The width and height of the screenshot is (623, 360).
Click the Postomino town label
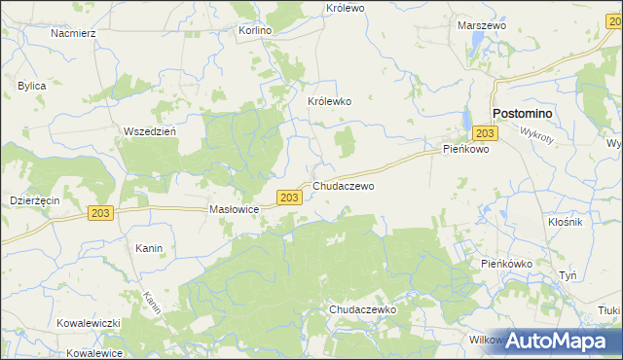click(522, 113)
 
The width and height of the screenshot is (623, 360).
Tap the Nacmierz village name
click(72, 32)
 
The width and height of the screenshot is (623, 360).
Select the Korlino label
click(255, 30)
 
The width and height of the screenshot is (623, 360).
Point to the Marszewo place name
click(479, 25)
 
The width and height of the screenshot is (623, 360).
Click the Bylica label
click(32, 86)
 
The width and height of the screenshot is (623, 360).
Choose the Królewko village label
click(329, 101)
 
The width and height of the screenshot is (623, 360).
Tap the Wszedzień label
click(149, 131)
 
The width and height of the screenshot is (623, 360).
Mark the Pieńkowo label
click(465, 150)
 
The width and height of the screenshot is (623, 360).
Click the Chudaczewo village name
click(344, 185)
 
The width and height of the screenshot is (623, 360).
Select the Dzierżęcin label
click(34, 198)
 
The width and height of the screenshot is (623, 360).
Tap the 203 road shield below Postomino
click(487, 133)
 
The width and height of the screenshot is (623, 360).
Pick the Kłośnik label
click(565, 221)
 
